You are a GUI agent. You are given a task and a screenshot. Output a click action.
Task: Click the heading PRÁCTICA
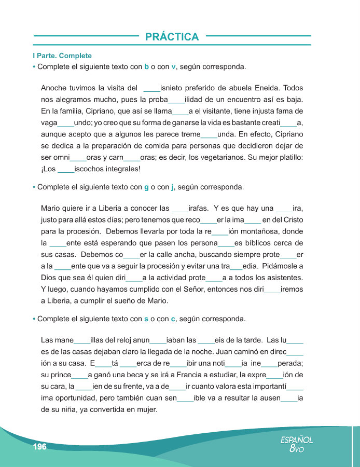(172, 37)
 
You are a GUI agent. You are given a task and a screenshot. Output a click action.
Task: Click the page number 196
(39, 447)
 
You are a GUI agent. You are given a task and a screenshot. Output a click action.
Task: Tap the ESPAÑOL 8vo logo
(297, 444)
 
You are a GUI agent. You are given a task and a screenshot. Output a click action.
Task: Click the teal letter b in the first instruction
(147, 67)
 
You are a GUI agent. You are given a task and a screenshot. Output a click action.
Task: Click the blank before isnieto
(151, 88)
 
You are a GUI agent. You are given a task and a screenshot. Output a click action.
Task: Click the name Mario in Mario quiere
(51, 209)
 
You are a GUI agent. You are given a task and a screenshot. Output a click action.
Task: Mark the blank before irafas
(180, 209)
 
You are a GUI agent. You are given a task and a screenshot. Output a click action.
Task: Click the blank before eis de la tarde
(206, 341)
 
